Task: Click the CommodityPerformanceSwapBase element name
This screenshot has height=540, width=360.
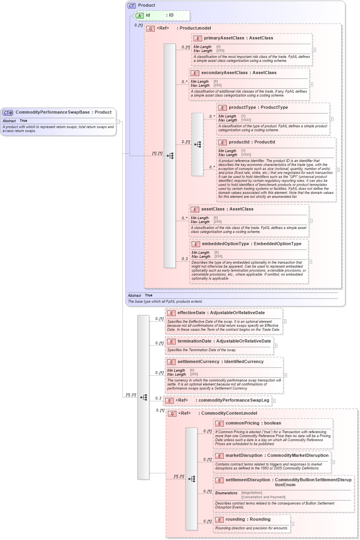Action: coord(52,112)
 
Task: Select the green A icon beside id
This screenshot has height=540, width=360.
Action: coord(139,15)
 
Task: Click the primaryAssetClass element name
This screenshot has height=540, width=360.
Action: coord(224,38)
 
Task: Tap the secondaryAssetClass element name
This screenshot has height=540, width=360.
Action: coord(225,73)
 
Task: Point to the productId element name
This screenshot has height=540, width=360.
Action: coord(241,142)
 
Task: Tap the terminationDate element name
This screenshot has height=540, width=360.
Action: coord(194,341)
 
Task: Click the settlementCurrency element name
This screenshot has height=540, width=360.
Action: coord(199,362)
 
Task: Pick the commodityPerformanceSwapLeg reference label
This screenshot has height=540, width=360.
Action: coord(234,400)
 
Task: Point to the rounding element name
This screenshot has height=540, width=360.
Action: coord(235,520)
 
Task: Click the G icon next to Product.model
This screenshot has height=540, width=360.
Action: coord(150,28)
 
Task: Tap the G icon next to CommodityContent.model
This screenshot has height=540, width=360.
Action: coord(172,414)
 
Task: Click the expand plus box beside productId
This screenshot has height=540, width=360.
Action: coord(338,170)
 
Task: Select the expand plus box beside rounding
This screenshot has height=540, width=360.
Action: coord(292,524)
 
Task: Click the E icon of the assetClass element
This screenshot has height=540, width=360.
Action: coord(195,209)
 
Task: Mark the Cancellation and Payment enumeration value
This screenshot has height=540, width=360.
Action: coord(263,497)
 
